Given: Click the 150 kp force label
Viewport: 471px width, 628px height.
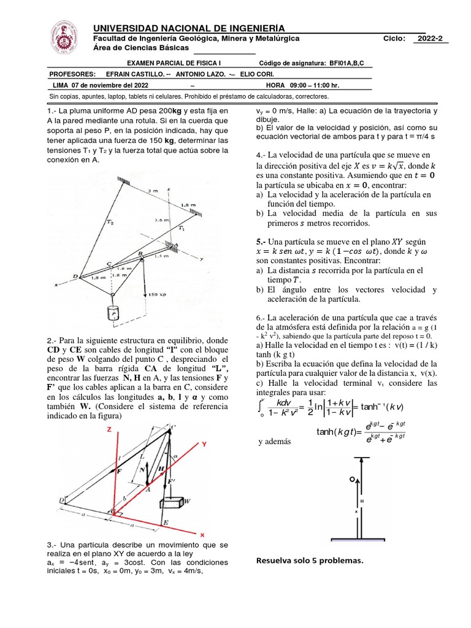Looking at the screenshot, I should pyautogui.click(x=158, y=294).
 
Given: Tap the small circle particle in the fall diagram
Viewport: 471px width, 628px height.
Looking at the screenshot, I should pyautogui.click(x=351, y=479).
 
